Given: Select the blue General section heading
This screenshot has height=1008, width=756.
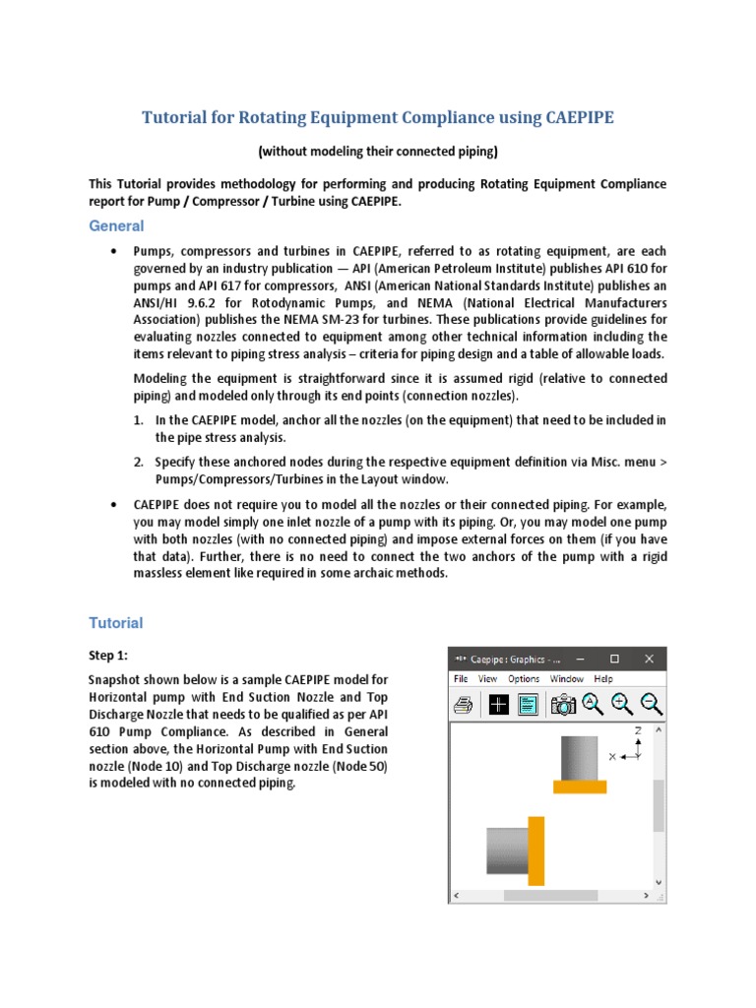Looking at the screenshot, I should (116, 225).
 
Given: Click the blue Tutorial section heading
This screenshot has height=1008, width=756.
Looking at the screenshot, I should (116, 622).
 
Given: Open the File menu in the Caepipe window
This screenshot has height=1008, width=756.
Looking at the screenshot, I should (461, 678).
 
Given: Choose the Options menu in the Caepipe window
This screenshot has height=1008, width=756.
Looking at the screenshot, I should (524, 678).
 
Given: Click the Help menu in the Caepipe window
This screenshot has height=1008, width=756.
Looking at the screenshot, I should (604, 678).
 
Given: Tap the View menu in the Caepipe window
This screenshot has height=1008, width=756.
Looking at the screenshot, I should (487, 678).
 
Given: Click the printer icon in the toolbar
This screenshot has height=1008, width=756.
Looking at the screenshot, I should (465, 704).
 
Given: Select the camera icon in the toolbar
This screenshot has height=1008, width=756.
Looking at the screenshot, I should (563, 704).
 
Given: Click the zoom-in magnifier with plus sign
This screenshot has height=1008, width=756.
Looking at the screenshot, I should (621, 703).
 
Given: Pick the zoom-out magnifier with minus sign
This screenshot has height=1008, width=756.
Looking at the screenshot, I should (651, 703).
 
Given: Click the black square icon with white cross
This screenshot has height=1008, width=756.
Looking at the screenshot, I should (499, 704).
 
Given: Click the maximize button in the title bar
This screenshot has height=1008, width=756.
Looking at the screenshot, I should (614, 659).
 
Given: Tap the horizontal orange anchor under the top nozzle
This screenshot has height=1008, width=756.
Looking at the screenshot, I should (580, 787).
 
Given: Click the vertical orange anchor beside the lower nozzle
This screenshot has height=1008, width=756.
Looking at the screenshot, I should (536, 850).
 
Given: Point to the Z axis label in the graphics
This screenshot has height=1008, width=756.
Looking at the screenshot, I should (638, 730).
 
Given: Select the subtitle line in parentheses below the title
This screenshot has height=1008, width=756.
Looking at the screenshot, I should (378, 152).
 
